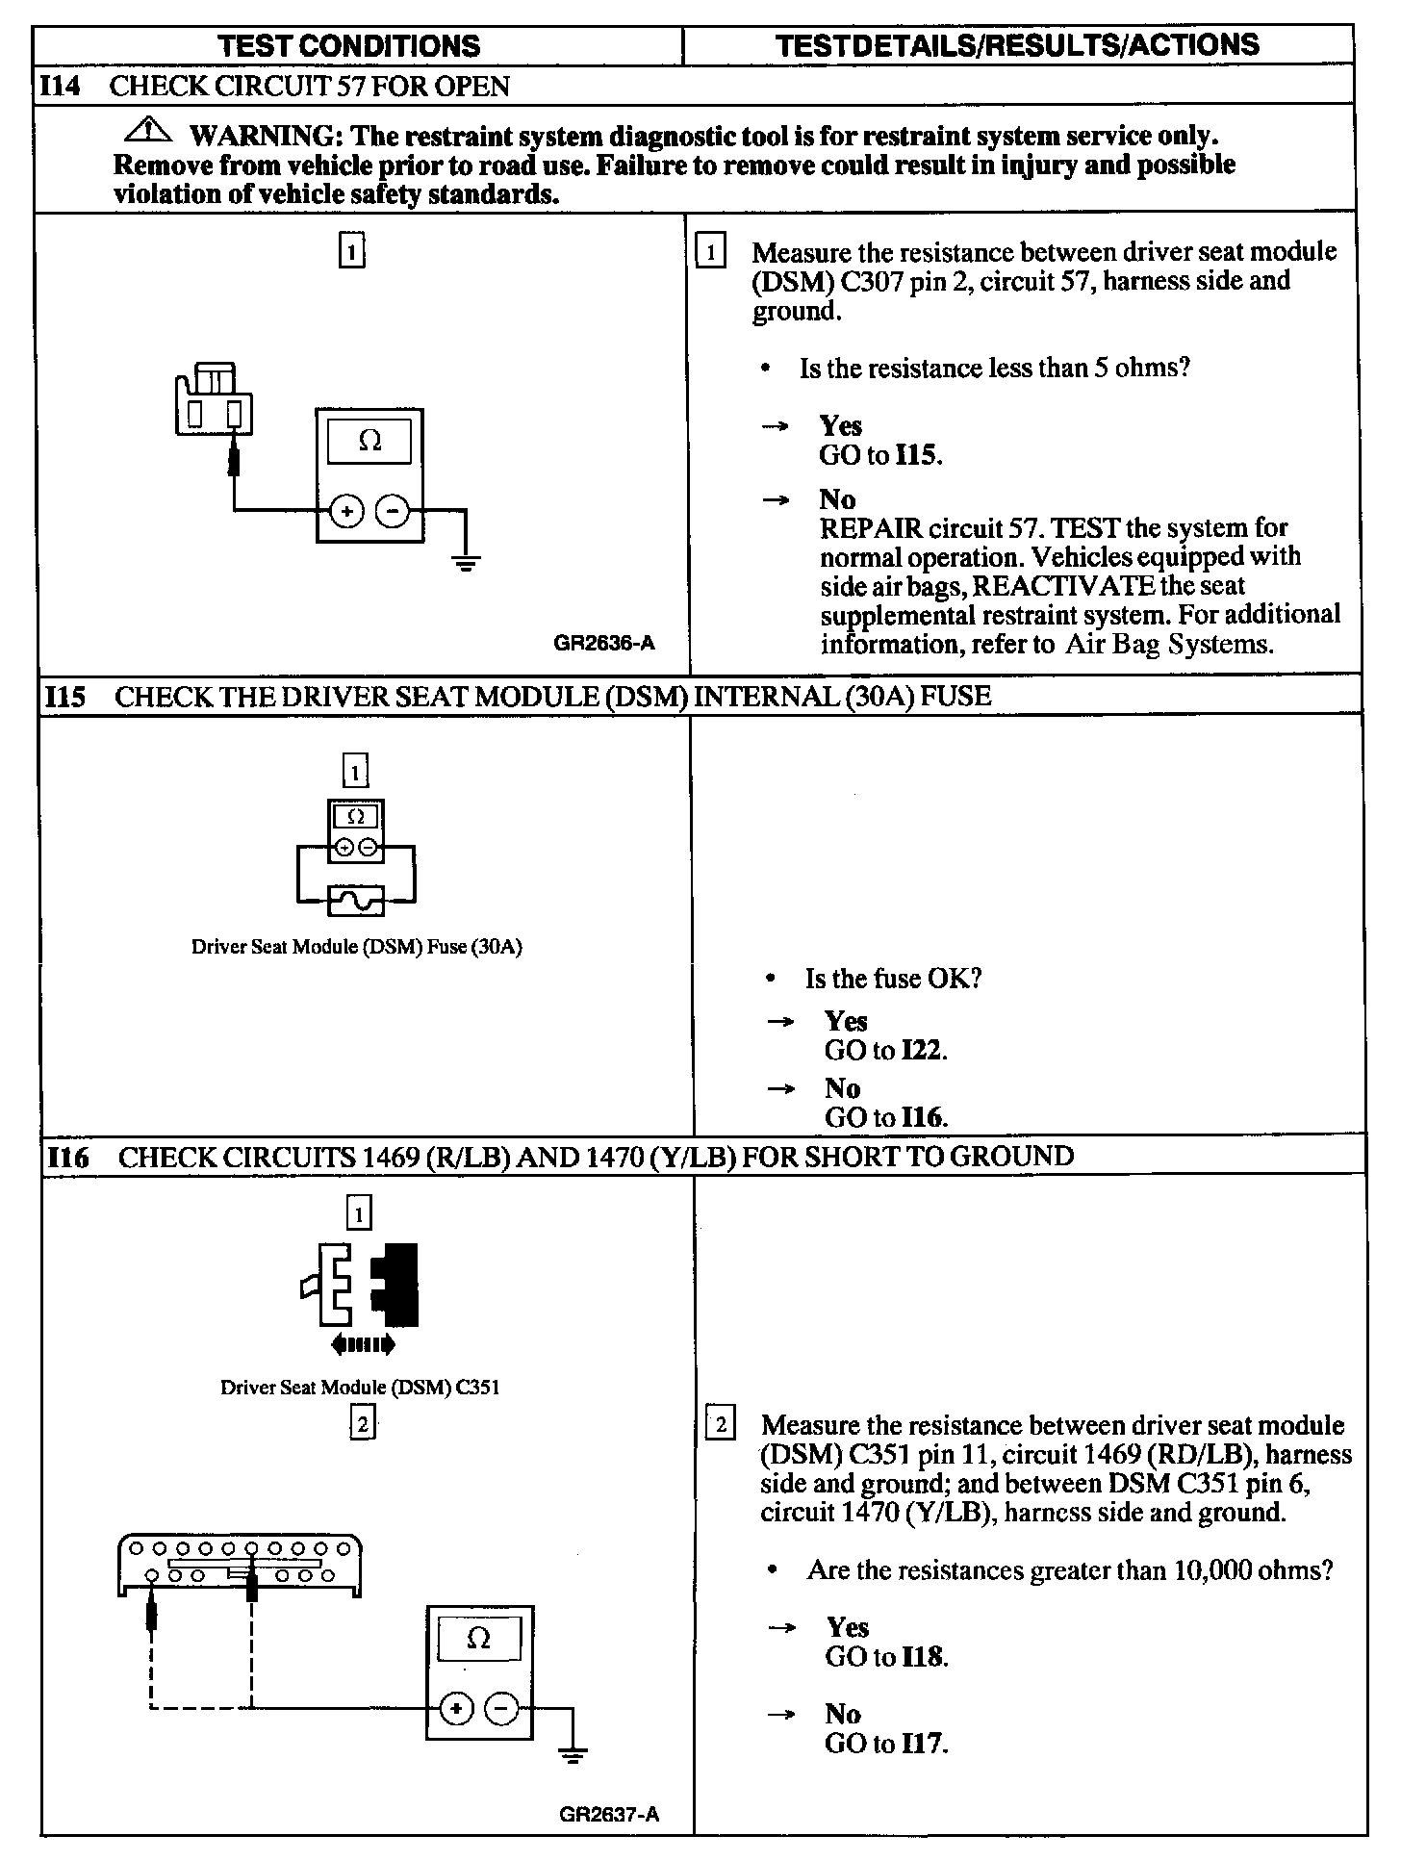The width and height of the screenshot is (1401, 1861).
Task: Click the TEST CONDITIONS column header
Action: (348, 45)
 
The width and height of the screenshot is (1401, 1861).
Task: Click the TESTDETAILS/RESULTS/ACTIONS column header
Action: (1017, 44)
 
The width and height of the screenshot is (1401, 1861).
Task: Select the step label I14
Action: (61, 87)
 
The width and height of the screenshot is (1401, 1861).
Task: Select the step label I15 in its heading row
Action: (64, 697)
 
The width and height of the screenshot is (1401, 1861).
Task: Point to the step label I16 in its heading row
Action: (67, 1157)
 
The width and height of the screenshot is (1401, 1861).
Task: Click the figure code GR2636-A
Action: (604, 643)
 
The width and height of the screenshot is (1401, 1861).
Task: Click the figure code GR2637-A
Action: (609, 1815)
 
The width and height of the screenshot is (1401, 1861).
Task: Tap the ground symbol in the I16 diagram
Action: (573, 1756)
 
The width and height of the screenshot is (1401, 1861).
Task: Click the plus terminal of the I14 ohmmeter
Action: (346, 511)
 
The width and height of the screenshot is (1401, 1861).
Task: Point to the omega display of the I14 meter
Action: (369, 442)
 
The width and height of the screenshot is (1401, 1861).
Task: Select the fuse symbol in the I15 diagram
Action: (356, 901)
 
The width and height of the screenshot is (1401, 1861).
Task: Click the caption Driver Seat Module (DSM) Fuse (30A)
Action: (356, 947)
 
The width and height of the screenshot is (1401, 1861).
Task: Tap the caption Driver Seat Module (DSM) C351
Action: (360, 1388)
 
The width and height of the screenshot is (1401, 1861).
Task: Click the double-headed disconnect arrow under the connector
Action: (362, 1344)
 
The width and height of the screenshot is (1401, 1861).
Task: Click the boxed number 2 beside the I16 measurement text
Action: (721, 1422)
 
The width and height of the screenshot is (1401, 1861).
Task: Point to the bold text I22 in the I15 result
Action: (923, 1050)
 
